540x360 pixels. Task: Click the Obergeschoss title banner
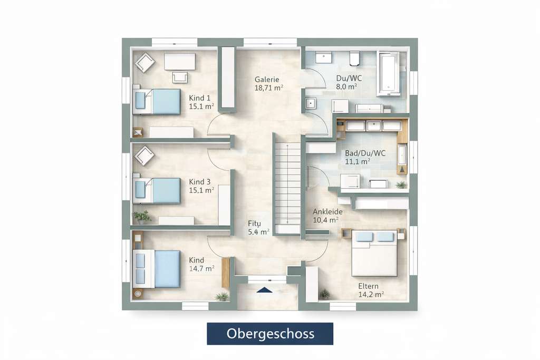[x=270, y=334]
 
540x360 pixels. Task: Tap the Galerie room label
[x=266, y=79]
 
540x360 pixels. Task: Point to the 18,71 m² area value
[x=268, y=88]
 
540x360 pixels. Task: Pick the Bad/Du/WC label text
[x=365, y=153]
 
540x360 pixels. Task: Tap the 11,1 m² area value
[x=358, y=162]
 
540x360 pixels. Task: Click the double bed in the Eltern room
[x=374, y=252]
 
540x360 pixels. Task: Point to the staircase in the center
[x=286, y=182]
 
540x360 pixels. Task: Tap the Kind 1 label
[x=200, y=98]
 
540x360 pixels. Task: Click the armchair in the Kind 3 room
[x=144, y=155]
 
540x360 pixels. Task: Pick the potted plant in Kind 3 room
[x=141, y=217]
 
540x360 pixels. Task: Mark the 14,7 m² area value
[x=201, y=268]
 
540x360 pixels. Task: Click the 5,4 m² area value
[x=258, y=231]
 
